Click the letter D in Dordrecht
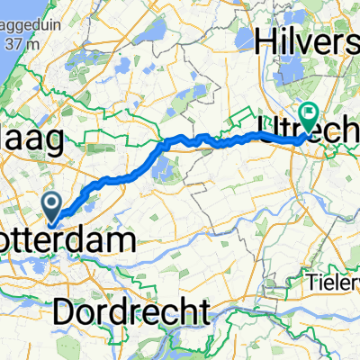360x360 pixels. (66, 311)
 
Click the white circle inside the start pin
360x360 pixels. (53, 204)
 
